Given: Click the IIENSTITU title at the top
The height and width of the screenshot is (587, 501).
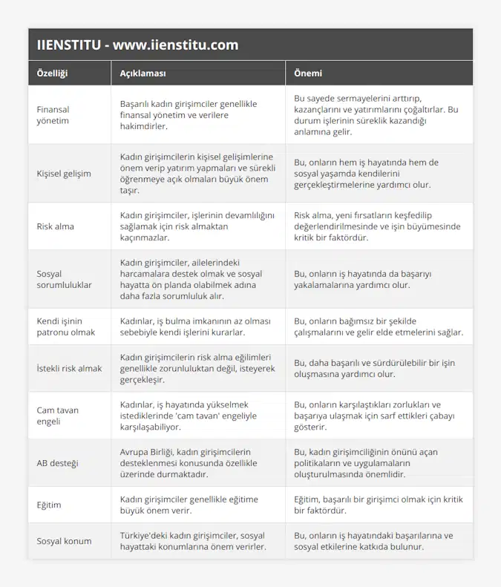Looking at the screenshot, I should click(x=137, y=45).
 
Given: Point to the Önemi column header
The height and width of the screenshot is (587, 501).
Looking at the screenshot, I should click(x=308, y=73).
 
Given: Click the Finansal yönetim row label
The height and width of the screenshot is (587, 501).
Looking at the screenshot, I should click(x=53, y=114).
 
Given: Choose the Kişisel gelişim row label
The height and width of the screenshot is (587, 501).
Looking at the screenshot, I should click(x=64, y=174).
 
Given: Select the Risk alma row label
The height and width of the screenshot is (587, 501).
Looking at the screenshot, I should click(x=56, y=226).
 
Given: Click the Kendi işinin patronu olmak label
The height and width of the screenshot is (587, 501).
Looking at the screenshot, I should click(x=66, y=327).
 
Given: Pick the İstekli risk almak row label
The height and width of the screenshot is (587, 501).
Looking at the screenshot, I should click(x=69, y=368).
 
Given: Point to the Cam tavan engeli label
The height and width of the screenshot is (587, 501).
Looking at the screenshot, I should click(x=58, y=416).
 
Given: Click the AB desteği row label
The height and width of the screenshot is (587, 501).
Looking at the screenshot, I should click(x=58, y=463).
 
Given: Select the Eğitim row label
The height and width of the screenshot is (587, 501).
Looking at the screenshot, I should click(x=49, y=505).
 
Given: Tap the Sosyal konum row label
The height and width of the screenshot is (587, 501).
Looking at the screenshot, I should click(x=64, y=541).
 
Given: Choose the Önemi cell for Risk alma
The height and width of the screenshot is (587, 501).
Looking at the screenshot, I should click(x=377, y=226).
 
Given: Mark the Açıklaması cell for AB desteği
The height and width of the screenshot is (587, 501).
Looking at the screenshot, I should click(x=189, y=463).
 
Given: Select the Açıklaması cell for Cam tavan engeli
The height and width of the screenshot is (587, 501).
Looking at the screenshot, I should click(x=189, y=416).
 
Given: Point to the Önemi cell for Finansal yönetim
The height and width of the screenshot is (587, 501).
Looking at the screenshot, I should click(x=376, y=114).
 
